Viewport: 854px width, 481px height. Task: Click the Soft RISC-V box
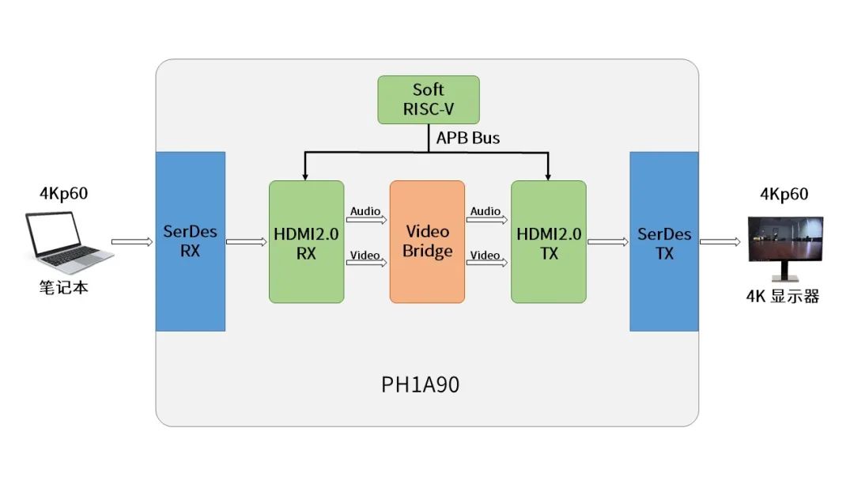[428, 100]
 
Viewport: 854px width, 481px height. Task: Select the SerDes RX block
[191, 241]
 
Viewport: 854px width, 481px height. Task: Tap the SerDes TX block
[664, 241]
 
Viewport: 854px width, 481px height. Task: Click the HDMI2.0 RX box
[306, 241]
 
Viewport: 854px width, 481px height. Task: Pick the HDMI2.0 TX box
[549, 241]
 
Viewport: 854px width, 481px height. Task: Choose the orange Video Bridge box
[427, 241]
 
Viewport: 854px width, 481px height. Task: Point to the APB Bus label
[468, 138]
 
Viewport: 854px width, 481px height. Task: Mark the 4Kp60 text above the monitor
[784, 195]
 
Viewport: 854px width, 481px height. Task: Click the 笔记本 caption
[63, 287]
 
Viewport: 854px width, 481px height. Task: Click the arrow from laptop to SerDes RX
[131, 241]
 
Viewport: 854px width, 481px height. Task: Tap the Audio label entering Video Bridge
[365, 211]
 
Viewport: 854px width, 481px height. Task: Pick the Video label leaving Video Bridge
[485, 255]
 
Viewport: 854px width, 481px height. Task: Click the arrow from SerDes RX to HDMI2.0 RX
[247, 241]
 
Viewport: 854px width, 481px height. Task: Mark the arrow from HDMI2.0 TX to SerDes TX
[607, 241]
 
